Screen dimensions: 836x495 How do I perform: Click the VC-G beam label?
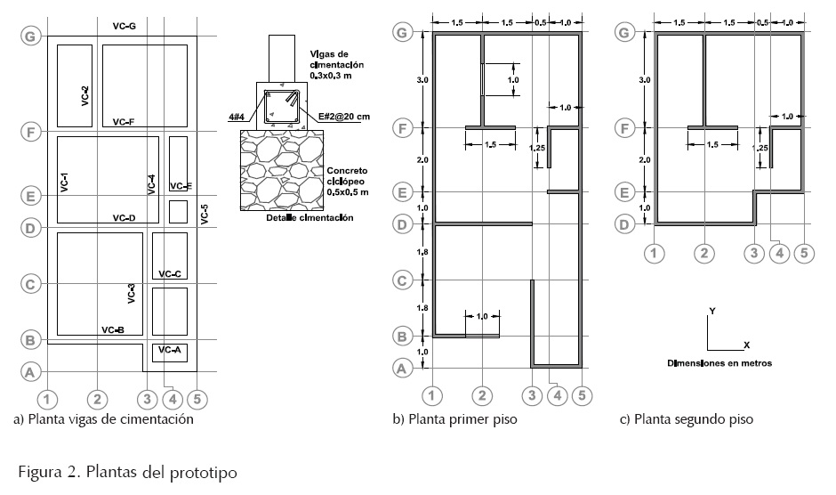click(x=125, y=26)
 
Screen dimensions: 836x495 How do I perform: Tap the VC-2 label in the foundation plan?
click(x=85, y=96)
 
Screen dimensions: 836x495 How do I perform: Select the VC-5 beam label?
click(x=205, y=215)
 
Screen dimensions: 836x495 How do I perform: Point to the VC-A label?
click(x=170, y=350)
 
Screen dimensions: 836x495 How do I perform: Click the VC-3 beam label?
click(x=131, y=293)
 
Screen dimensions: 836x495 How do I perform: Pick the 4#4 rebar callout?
click(x=237, y=117)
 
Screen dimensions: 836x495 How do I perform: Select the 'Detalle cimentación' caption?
click(x=309, y=218)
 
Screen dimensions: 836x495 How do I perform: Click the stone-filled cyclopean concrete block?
click(x=282, y=170)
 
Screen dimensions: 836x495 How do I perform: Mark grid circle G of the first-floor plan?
click(x=403, y=33)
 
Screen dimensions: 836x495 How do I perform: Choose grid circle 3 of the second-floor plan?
click(x=754, y=253)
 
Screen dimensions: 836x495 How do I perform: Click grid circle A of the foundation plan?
click(x=30, y=371)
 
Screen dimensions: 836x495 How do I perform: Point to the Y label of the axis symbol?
click(x=712, y=311)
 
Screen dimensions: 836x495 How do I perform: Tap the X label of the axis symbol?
click(x=746, y=345)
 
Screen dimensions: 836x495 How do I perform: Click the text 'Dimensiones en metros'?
click(x=719, y=363)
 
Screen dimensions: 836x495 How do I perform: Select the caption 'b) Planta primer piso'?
click(x=454, y=419)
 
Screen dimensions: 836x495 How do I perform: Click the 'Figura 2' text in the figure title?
click(x=49, y=472)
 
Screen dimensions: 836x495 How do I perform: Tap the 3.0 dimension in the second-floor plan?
click(x=645, y=80)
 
